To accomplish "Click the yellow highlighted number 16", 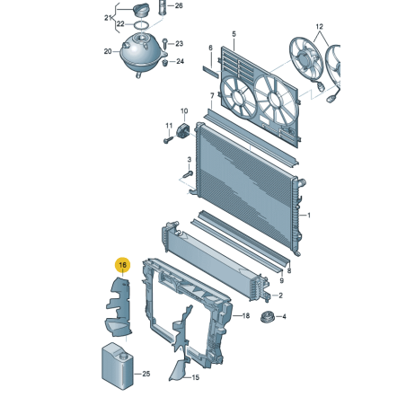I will (x=122, y=265).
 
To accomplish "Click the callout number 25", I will (x=147, y=373).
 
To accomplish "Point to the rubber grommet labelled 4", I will (x=266, y=317).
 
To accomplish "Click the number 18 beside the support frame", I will (x=243, y=315).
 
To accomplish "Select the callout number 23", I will (x=179, y=43).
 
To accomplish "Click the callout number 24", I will (x=180, y=61).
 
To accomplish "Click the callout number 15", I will (x=192, y=378).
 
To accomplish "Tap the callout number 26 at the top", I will (x=178, y=6).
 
